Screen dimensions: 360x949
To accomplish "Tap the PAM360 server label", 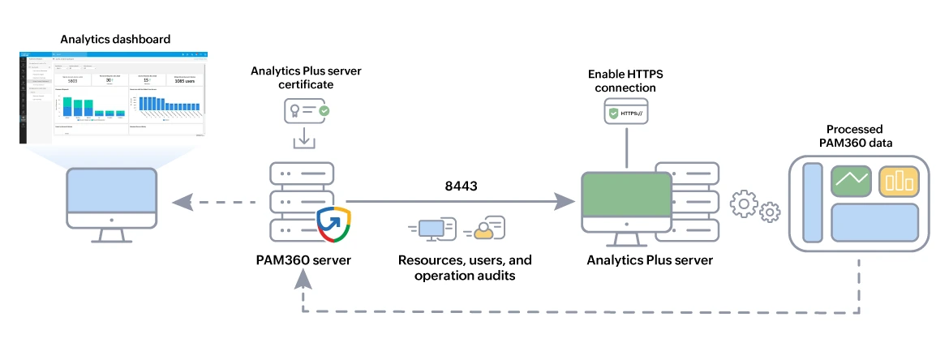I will pos(303,260).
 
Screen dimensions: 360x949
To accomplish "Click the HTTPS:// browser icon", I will pos(627,114).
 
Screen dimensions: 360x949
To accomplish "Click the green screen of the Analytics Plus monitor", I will pos(625,199).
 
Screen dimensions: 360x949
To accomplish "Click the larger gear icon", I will pos(745,204).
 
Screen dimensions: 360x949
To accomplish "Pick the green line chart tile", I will pos(850,181).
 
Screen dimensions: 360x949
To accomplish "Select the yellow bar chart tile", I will pos(899,181).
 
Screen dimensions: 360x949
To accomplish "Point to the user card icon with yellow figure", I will pos(485,229).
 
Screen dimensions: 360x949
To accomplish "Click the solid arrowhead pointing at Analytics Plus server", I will pos(563,201).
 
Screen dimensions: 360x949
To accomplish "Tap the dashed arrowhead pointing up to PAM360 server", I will pos(303,280).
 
